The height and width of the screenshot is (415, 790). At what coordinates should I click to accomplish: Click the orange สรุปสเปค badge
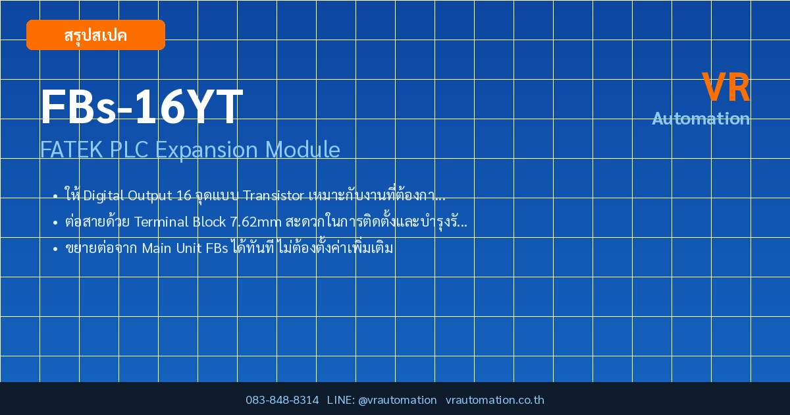point(95,35)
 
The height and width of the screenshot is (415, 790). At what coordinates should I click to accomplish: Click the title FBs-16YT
point(142,107)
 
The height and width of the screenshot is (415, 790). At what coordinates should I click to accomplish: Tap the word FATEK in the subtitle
point(72,150)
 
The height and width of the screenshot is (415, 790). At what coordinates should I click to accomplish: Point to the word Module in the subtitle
point(303,150)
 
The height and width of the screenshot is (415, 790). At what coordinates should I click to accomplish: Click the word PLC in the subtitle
point(129,150)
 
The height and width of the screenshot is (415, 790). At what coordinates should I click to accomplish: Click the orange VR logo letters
point(725,87)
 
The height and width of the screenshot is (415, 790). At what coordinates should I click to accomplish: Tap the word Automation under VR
point(700,119)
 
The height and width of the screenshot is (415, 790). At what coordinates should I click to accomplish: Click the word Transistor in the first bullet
point(273,195)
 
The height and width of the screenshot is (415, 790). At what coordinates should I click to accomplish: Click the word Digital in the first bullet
point(103,196)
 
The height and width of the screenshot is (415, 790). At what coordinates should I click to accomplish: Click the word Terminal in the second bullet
point(161,222)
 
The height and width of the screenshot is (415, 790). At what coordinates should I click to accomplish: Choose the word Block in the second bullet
point(209,221)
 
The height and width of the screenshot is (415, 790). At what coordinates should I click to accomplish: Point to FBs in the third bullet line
point(217,248)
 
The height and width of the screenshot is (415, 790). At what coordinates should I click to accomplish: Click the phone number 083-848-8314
point(282,400)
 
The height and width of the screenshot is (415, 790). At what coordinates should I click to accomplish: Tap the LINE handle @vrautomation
point(398,401)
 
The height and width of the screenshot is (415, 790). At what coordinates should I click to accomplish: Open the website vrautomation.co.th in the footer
point(495,400)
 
